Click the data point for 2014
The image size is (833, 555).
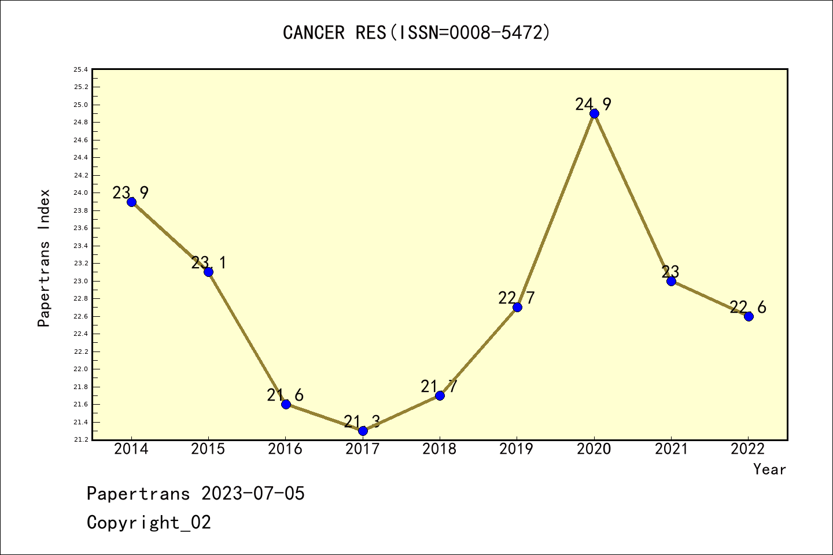tap(131, 202)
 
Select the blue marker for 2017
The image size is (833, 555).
tap(363, 431)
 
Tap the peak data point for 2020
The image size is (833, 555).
tap(594, 113)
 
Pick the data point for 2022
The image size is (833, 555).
tap(749, 316)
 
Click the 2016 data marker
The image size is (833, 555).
tap(286, 404)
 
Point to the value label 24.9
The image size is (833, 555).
tap(593, 105)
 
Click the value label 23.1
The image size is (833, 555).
tap(209, 263)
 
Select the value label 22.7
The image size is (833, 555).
tap(517, 298)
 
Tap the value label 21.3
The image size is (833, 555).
tap(362, 422)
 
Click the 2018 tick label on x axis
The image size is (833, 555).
tap(440, 449)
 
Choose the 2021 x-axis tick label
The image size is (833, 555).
tap(671, 449)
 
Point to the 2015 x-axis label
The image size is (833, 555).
tap(208, 449)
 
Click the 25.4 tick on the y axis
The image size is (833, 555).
tap(81, 70)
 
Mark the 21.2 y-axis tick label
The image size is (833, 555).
tap(81, 440)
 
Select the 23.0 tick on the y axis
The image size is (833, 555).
tap(81, 282)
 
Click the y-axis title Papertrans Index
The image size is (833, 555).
tap(45, 258)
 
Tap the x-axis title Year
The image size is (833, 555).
tap(769, 469)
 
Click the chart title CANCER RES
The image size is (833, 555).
tap(417, 33)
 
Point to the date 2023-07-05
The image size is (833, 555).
tap(253, 494)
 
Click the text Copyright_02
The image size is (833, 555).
tap(149, 523)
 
